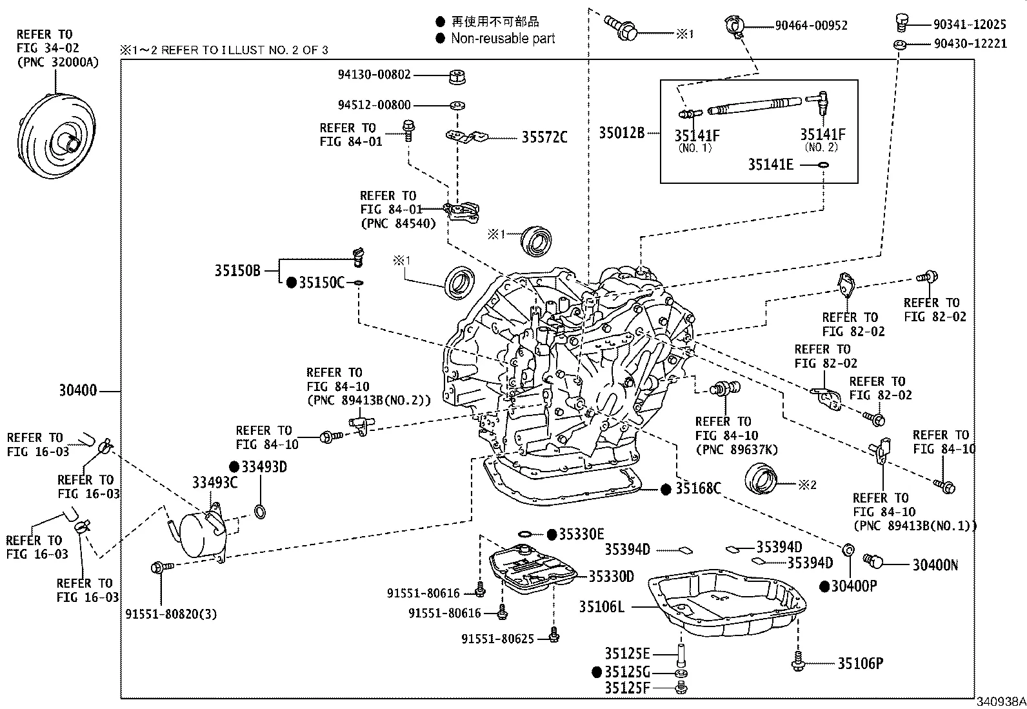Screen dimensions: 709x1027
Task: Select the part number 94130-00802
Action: click(x=374, y=75)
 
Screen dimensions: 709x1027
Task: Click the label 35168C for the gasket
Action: click(x=697, y=489)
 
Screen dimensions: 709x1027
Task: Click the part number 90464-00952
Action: click(x=811, y=26)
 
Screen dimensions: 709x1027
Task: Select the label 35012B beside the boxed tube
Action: click(x=622, y=133)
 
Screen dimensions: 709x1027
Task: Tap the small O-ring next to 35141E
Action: click(x=823, y=165)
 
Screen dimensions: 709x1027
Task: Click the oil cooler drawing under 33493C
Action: click(x=201, y=535)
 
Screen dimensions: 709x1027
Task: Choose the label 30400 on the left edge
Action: click(x=77, y=390)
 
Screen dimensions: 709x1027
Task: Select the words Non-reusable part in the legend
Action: click(x=503, y=39)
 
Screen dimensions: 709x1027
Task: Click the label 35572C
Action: click(x=544, y=137)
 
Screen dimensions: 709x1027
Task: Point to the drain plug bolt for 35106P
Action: click(x=799, y=663)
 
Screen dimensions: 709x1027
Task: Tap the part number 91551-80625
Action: click(x=497, y=639)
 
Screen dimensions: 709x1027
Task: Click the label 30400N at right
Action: click(x=935, y=565)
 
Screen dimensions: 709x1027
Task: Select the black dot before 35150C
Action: click(x=291, y=283)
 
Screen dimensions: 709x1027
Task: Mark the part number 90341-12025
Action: click(x=970, y=25)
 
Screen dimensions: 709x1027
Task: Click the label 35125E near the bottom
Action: click(x=627, y=654)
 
